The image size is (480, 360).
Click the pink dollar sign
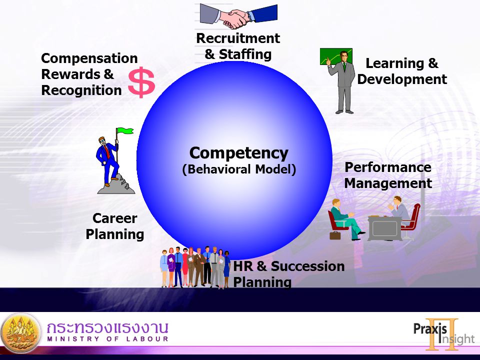tap(141, 82)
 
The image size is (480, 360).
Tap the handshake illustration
tap(238, 16)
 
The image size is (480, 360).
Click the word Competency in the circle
tap(239, 153)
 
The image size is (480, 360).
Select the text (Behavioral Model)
tap(239, 169)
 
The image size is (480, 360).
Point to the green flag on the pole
tap(125, 130)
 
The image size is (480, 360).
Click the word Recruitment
tap(238, 38)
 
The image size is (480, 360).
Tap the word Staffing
tap(245, 54)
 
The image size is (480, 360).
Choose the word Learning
tap(394, 63)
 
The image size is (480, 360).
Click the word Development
tap(402, 79)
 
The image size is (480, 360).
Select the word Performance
tap(388, 167)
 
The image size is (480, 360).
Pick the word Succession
tap(307, 266)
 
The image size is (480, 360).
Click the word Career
tap(115, 218)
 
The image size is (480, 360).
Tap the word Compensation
tap(89, 58)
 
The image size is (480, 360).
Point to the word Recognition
tap(81, 90)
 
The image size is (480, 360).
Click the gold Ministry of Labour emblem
tap(21, 333)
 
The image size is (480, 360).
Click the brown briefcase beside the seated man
tap(335, 235)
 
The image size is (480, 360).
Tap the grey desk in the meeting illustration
tap(385, 228)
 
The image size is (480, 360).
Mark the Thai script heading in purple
tap(107, 327)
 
